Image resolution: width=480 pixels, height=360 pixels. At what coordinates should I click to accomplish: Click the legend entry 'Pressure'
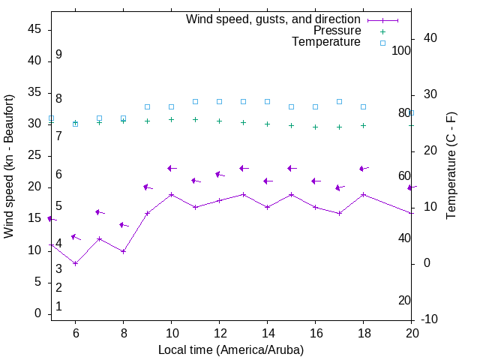(337, 31)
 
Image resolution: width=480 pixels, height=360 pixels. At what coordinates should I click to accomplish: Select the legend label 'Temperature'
(326, 42)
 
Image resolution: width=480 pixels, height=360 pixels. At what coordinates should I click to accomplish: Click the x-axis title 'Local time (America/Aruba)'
(231, 349)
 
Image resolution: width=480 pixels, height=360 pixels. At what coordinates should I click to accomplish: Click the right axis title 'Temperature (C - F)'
(451, 166)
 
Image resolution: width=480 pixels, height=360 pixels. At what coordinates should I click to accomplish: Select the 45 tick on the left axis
(34, 29)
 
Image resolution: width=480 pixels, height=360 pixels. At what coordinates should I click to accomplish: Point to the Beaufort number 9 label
(58, 55)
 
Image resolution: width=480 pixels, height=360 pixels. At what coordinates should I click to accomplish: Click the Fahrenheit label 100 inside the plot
(401, 50)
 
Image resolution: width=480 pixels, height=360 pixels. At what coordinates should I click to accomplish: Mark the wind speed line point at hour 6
(75, 263)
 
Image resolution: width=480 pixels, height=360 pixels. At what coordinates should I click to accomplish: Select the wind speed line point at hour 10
(171, 194)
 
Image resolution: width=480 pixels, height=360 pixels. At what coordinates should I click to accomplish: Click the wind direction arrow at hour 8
(124, 225)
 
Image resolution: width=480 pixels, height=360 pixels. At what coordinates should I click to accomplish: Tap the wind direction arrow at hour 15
(292, 168)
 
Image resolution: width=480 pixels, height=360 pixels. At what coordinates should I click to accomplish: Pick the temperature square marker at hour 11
(195, 101)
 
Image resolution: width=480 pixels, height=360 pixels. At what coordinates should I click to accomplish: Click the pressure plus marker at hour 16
(315, 127)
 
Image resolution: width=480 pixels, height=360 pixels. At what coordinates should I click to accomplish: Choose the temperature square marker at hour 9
(147, 107)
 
